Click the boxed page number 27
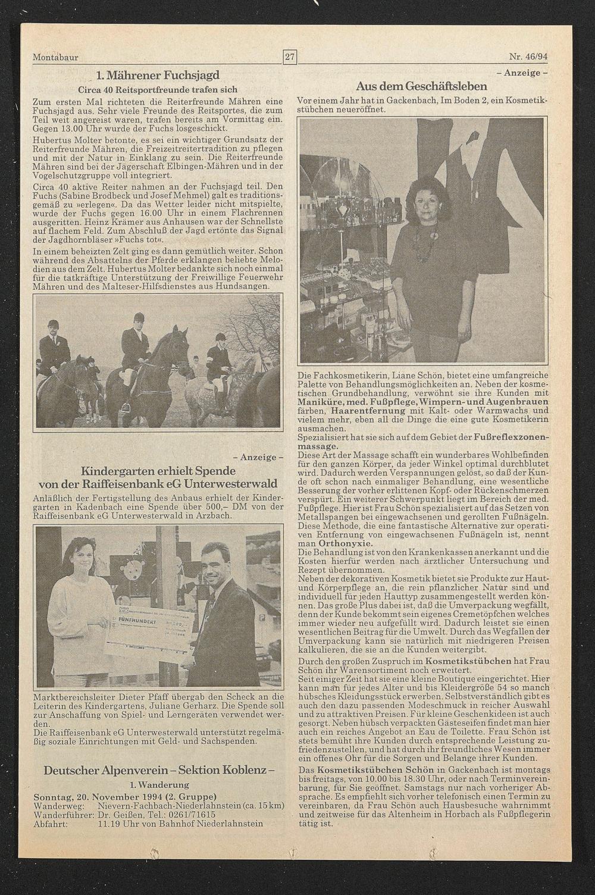pos(290,57)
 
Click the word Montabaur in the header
pos(55,58)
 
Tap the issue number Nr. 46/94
pos(528,57)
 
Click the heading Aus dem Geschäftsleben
pos(421,87)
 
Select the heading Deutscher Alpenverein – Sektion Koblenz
pos(159,770)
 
